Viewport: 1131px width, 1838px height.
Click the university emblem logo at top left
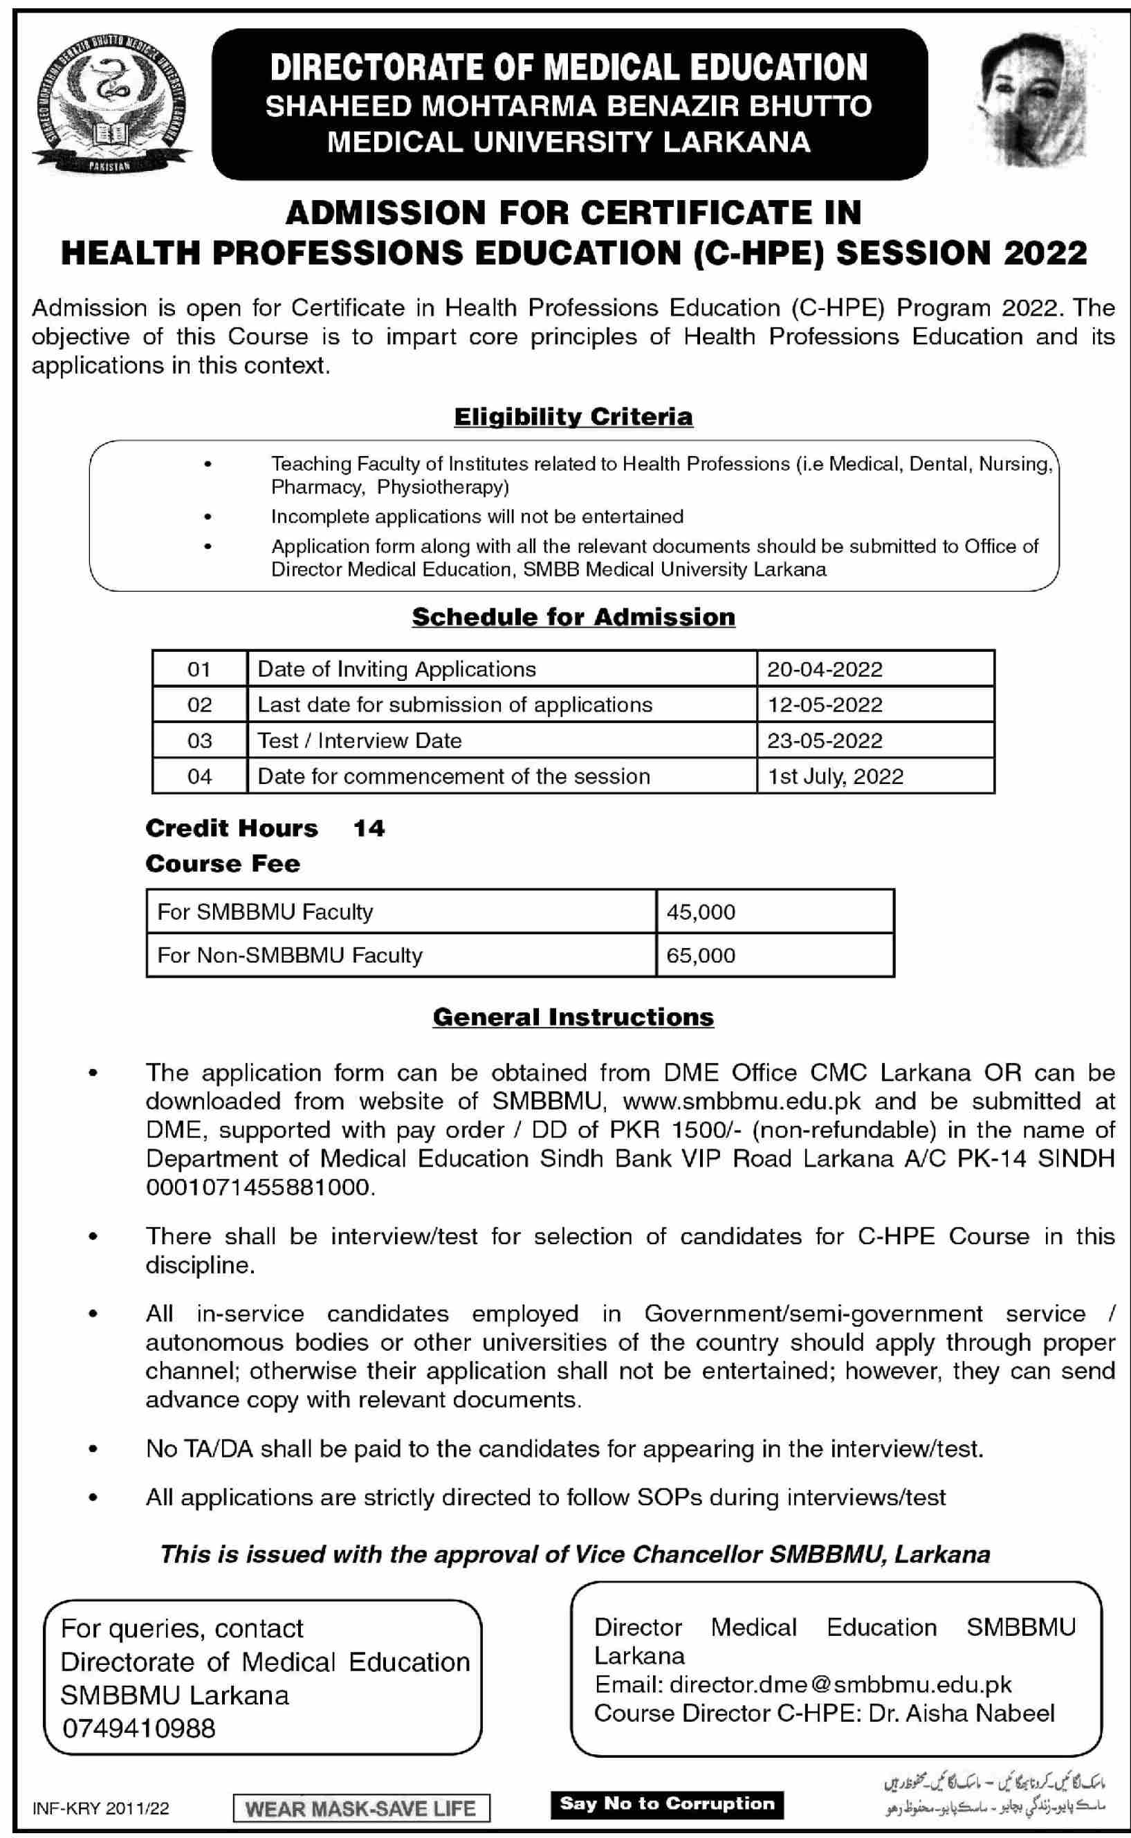pyautogui.click(x=111, y=102)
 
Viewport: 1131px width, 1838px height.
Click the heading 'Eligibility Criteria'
pyautogui.click(x=573, y=417)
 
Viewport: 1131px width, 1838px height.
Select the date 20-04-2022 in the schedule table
pyautogui.click(x=825, y=668)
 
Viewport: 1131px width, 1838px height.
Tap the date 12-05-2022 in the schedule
pyautogui.click(x=825, y=704)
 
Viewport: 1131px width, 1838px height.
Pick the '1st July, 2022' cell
pyautogui.click(x=836, y=776)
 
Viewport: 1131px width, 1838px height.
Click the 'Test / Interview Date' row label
pyautogui.click(x=360, y=740)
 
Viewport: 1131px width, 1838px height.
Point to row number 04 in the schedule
pyautogui.click(x=199, y=776)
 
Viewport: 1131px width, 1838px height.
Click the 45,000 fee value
pyautogui.click(x=701, y=912)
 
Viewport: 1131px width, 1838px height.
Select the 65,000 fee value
pyautogui.click(x=701, y=955)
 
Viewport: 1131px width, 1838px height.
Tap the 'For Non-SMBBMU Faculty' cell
pyautogui.click(x=291, y=955)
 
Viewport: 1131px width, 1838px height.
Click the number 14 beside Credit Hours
pyautogui.click(x=369, y=828)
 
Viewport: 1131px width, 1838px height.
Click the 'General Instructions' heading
pyautogui.click(x=573, y=1017)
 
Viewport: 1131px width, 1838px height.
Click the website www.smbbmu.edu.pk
pyautogui.click(x=742, y=1101)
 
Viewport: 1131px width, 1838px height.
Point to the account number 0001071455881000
pyautogui.click(x=259, y=1188)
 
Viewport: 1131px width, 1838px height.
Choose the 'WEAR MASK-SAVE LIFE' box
pyautogui.click(x=360, y=1808)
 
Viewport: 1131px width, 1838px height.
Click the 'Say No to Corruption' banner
pyautogui.click(x=668, y=1803)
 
